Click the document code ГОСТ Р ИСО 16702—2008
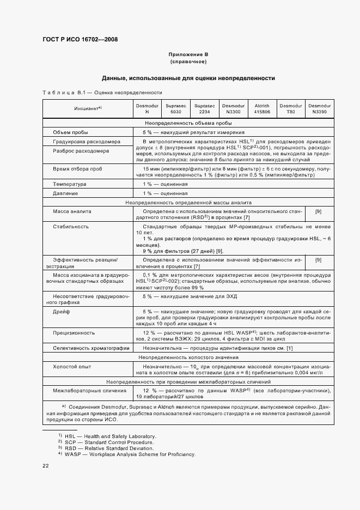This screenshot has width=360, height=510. point(80,39)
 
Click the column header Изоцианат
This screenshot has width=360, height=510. point(88,108)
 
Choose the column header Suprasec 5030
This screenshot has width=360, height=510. point(175,108)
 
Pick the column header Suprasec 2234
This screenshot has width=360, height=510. point(204,108)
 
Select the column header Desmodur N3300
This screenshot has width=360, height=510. point(233,108)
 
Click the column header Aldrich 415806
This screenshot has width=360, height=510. point(262,108)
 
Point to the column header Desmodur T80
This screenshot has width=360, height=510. point(290,108)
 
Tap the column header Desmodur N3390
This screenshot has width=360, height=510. point(319,108)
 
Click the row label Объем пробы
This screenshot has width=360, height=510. point(70,132)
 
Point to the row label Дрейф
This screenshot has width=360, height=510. point(60,312)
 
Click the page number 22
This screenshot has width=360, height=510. point(46,466)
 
